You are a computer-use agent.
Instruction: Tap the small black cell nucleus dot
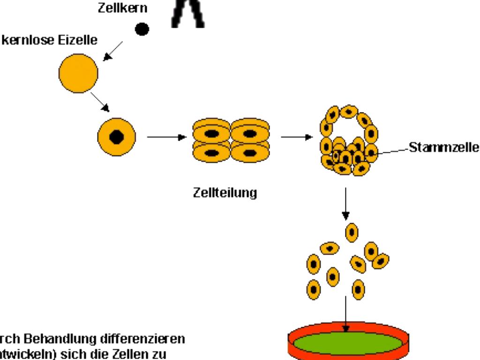click(x=142, y=30)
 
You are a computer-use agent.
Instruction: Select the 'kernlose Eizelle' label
click(x=49, y=40)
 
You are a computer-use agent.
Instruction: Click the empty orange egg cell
click(x=78, y=74)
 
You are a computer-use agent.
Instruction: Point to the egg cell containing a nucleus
click(x=116, y=137)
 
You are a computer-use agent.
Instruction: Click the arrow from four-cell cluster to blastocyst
click(x=297, y=137)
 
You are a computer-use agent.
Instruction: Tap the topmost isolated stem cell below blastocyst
click(x=352, y=232)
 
